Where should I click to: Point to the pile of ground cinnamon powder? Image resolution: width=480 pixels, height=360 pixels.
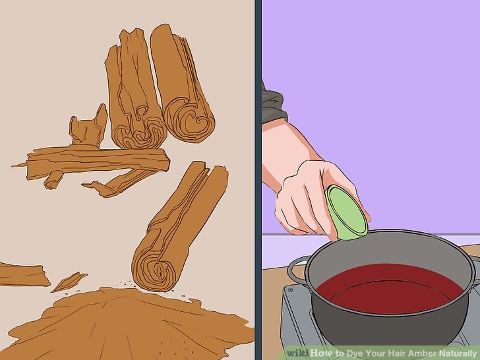click(x=123, y=324)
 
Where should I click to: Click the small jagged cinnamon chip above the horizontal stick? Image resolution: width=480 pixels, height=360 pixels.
click(x=88, y=126)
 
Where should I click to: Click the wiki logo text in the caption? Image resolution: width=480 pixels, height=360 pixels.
click(x=298, y=353)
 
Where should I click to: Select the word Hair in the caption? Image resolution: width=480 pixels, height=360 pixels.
click(x=397, y=353)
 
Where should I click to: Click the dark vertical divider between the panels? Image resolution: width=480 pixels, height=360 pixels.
click(x=258, y=180)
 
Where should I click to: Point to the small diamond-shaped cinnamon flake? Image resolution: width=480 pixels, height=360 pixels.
click(x=69, y=282)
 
